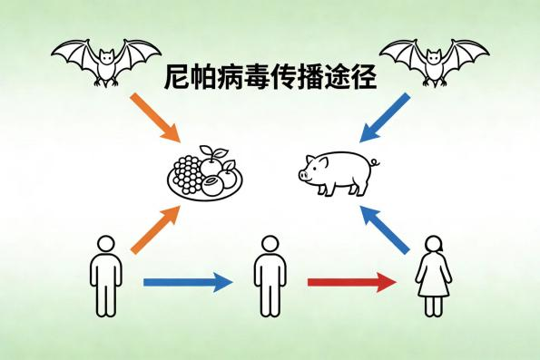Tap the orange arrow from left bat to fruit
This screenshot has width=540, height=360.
[155, 115]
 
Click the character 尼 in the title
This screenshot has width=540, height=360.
[178, 77]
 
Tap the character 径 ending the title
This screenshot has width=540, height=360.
[364, 77]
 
